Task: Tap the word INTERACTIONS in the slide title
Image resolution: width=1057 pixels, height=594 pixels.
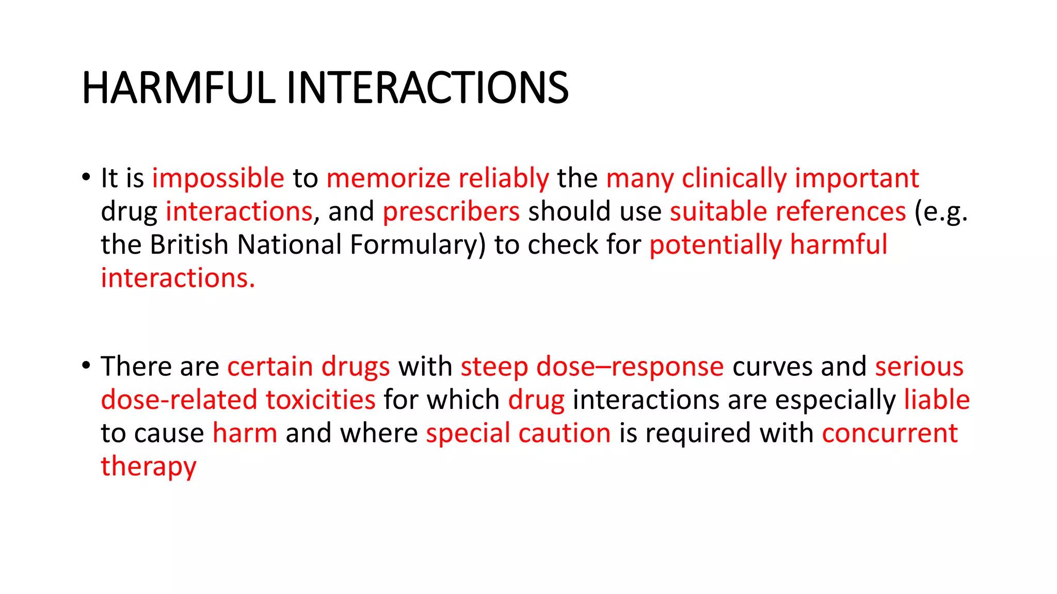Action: coord(427,88)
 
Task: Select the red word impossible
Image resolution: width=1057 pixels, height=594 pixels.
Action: coord(218,178)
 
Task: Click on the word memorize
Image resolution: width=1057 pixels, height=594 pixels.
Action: coord(388,178)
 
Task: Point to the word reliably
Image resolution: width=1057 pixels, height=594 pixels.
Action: coord(503,178)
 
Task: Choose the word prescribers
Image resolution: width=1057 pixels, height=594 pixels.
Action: coord(451,211)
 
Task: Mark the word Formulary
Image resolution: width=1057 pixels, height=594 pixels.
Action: coord(418,245)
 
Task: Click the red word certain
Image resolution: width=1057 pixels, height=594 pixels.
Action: coord(270,367)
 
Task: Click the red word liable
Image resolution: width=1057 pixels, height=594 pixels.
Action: coord(937,400)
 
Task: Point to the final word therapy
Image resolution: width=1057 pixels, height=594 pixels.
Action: coord(149,467)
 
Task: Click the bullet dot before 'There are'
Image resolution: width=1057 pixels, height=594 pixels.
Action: coord(86,366)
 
